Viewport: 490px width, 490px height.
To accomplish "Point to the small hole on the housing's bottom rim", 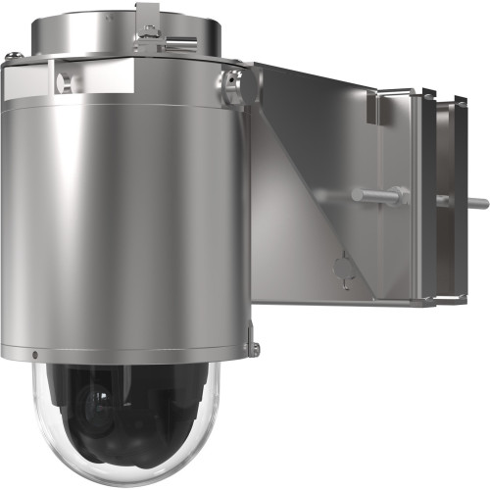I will click(35, 354).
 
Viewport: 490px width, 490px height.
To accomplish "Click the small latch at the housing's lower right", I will click(253, 346).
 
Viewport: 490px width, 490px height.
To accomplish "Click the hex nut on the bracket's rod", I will click(397, 195).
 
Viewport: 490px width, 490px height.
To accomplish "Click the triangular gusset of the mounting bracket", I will click(304, 176).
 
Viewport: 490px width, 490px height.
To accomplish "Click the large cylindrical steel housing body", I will click(127, 216).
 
